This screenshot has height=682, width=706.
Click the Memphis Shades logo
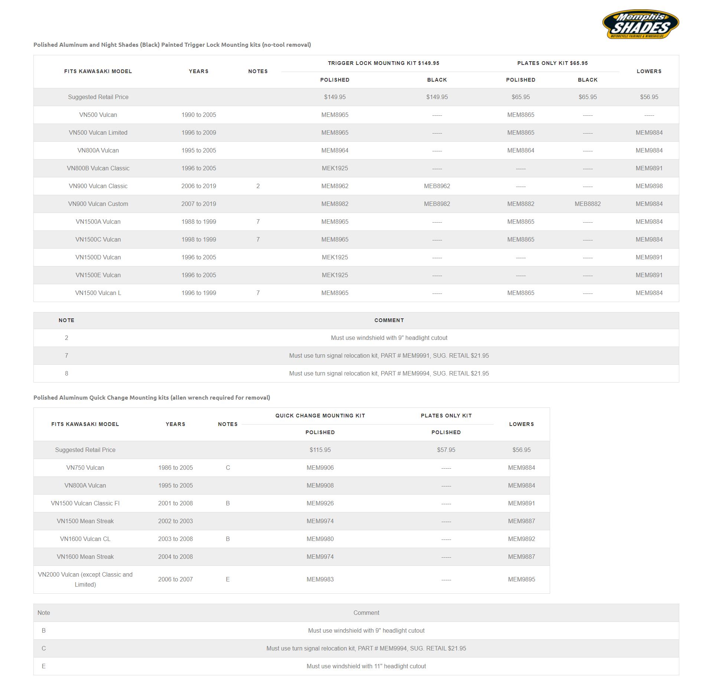click(x=640, y=24)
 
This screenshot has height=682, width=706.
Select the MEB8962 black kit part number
click(x=437, y=186)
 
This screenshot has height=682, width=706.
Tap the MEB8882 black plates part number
click(x=588, y=204)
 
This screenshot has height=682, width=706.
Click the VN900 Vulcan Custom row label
click(x=98, y=204)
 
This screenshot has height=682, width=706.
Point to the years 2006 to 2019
click(x=199, y=186)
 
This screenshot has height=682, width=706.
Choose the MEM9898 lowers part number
click(x=649, y=186)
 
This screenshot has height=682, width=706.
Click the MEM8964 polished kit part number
click(x=335, y=150)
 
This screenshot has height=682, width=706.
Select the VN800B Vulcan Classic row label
click(x=98, y=168)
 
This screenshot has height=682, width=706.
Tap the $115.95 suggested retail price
click(x=320, y=450)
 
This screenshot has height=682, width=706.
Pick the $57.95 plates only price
click(x=446, y=450)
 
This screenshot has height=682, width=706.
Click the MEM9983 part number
click(x=320, y=579)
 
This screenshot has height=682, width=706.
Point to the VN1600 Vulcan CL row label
click(x=85, y=539)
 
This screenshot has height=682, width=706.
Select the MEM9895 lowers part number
click(x=521, y=579)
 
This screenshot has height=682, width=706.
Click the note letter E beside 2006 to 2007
click(x=228, y=579)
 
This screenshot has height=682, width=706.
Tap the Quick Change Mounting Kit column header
click(x=320, y=416)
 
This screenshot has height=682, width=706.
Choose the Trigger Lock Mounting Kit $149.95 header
click(x=383, y=63)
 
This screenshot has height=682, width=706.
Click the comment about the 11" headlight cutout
click(x=366, y=666)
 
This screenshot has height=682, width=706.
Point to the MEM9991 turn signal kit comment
click(x=389, y=355)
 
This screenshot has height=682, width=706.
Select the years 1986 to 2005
click(x=175, y=468)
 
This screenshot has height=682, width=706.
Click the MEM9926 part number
click(x=320, y=503)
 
